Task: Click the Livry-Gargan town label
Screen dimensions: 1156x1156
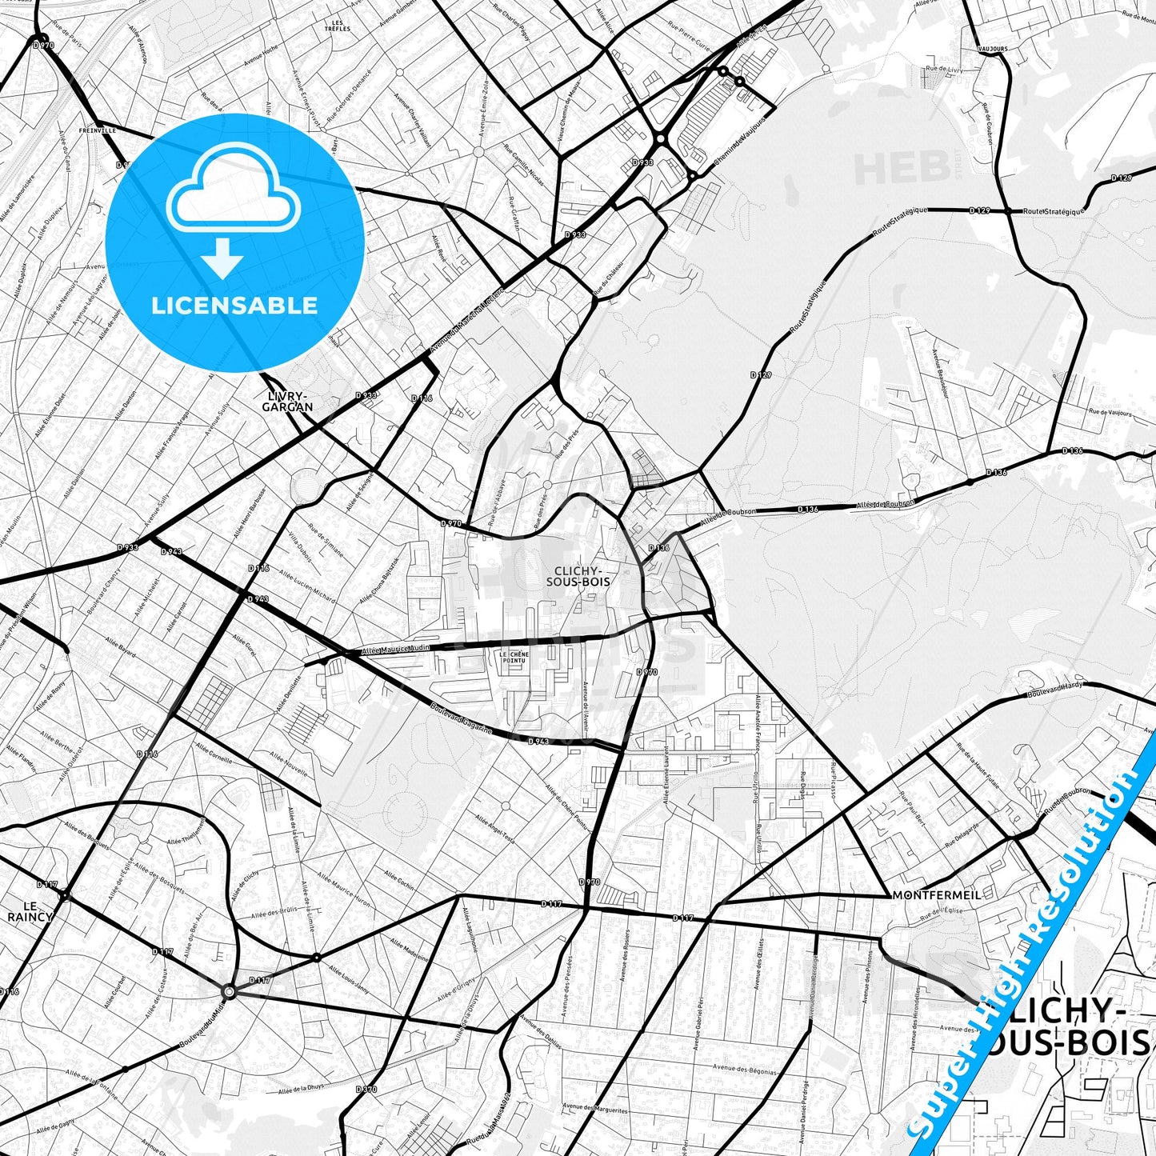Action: [x=287, y=401]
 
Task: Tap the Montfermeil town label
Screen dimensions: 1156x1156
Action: [x=936, y=894]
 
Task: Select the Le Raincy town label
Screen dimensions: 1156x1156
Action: [x=30, y=910]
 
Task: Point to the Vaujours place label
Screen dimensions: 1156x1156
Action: [x=992, y=49]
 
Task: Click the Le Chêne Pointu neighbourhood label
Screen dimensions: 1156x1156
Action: [x=514, y=657]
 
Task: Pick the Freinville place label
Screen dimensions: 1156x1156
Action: [x=98, y=130]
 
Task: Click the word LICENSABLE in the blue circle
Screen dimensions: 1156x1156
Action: [x=234, y=305]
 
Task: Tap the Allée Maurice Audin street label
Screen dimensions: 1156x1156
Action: [x=396, y=650]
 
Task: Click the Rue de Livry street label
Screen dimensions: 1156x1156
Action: [x=945, y=70]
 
